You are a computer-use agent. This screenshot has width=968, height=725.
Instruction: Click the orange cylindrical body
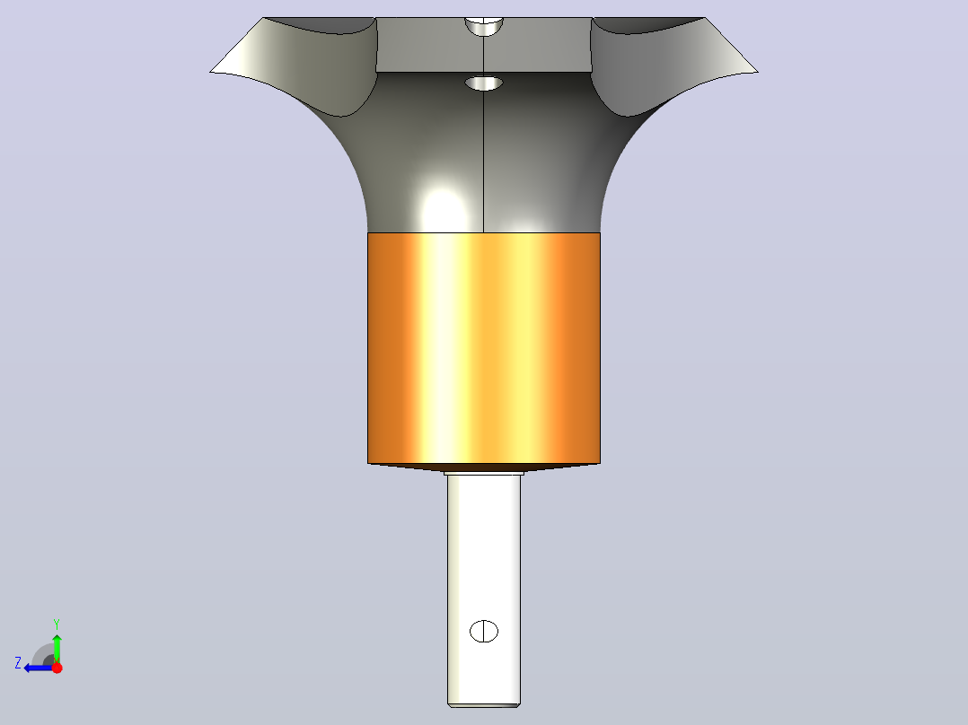(x=483, y=348)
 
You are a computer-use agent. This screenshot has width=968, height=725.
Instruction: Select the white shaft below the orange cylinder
(x=484, y=590)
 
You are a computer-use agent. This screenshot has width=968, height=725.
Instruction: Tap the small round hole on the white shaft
(x=484, y=631)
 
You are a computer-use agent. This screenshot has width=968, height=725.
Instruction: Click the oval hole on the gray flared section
(x=484, y=83)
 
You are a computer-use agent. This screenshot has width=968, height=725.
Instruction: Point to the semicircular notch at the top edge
(x=484, y=26)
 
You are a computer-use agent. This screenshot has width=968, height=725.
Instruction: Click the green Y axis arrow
(x=57, y=648)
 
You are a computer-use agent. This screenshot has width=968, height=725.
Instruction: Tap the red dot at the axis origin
(x=57, y=668)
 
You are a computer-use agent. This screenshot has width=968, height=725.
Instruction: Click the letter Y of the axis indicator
(x=57, y=624)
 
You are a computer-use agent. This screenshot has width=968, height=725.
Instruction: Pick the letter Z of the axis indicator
(x=18, y=663)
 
